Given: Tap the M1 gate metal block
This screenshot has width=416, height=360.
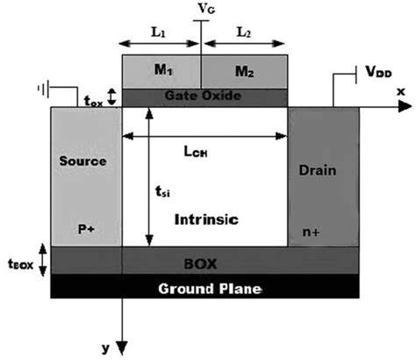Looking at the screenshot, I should click(160, 71).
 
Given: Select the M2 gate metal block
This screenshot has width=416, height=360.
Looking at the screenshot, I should click(245, 71).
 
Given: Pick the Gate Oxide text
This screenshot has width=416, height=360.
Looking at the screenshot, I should click(204, 95).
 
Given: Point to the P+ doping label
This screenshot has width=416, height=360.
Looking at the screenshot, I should click(85, 227).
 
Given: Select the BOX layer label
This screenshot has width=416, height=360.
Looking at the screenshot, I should click(204, 261).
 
